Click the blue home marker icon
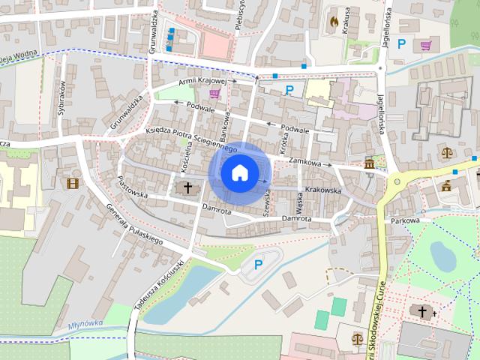[239, 172]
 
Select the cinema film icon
[72, 183]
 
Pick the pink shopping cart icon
[215, 94]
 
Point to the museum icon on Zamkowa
[370, 163]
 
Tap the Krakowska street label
[323, 190]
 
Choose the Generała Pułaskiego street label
[135, 225]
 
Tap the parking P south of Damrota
[259, 264]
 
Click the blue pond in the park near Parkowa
[442, 257]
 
